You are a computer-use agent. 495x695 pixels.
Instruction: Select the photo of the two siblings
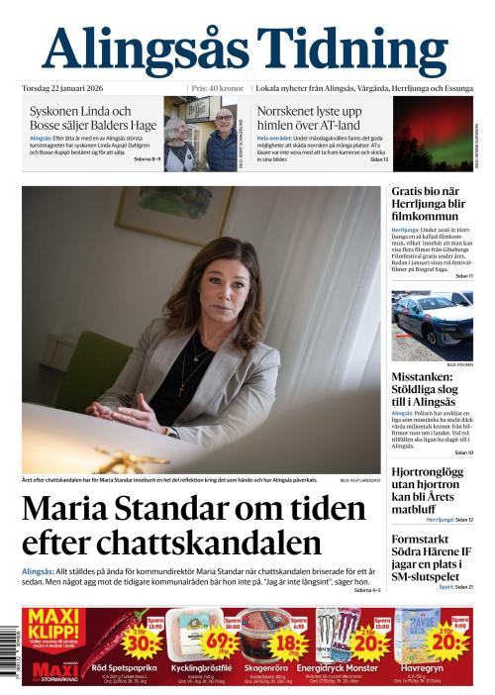click(203, 136)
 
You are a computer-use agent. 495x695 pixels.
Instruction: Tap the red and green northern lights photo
click(432, 134)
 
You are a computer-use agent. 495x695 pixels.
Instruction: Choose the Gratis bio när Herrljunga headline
click(428, 203)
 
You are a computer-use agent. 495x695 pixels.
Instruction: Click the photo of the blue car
click(432, 326)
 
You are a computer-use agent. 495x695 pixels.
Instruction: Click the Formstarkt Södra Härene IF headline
click(431, 557)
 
